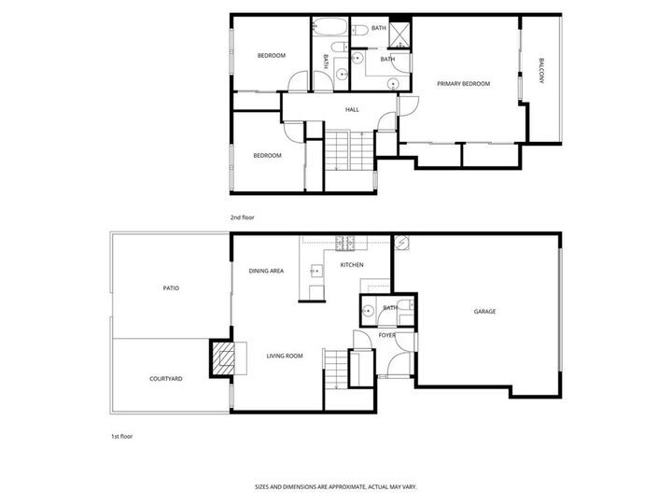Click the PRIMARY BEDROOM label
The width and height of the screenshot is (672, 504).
(464, 84)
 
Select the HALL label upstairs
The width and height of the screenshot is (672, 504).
(352, 110)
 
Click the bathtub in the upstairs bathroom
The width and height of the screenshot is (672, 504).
(328, 26)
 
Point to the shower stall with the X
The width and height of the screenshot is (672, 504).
(400, 33)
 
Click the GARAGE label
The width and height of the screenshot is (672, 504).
(484, 311)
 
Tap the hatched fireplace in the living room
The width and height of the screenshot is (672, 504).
(224, 357)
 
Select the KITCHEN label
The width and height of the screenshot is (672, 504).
(351, 266)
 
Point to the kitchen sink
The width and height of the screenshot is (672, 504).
(315, 271)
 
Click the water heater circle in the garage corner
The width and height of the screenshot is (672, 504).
(401, 244)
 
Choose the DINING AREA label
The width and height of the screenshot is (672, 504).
(266, 271)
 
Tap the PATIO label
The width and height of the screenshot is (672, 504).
(171, 288)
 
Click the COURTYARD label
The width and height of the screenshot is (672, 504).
(165, 379)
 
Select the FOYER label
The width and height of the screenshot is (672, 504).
(386, 335)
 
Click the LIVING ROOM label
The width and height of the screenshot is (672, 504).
(286, 356)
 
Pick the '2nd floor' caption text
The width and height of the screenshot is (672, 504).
(242, 217)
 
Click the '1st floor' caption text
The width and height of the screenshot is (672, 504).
(121, 436)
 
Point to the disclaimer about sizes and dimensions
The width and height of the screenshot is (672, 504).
(335, 486)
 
